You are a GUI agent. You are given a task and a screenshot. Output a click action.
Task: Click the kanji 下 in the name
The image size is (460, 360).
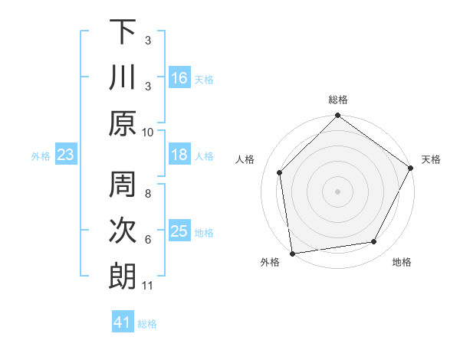123,32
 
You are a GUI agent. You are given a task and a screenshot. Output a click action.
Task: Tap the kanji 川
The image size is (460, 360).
123,77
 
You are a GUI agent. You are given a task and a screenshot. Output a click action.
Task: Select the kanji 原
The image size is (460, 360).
123,123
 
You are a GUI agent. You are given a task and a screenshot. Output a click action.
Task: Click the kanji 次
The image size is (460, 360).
123,231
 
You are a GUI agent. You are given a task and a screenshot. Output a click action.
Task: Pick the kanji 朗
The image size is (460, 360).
123,277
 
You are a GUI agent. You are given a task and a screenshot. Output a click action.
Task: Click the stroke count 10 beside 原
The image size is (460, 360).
148,132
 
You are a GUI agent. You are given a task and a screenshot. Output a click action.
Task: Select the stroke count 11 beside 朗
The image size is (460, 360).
148,286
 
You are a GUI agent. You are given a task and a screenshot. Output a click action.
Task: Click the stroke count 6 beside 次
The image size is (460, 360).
148,240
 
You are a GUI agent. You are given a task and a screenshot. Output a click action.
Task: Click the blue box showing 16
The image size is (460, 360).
179,77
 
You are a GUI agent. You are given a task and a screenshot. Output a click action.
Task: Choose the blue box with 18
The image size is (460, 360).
179,155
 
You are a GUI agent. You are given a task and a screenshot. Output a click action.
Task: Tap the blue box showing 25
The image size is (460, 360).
179,231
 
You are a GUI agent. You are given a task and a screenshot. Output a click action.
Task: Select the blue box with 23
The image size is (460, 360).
66,155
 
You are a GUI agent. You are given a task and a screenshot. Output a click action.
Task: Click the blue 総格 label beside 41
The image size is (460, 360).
147,324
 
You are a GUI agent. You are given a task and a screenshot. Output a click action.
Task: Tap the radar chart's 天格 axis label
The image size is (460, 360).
431,159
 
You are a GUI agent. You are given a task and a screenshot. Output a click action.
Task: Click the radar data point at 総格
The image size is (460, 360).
337,116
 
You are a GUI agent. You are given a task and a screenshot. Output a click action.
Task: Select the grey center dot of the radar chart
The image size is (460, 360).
337,191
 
